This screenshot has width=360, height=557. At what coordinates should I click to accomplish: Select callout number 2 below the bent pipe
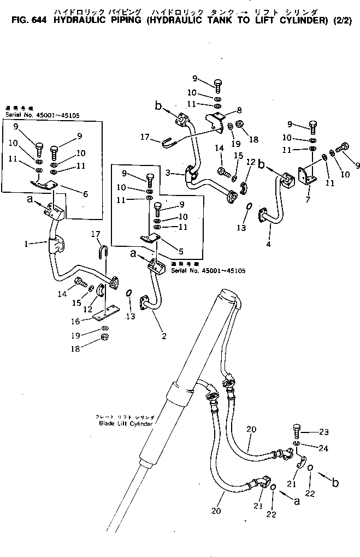tap(163, 335)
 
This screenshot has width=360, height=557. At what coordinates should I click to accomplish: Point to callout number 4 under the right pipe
tap(268, 244)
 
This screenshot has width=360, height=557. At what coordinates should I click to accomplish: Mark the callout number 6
tap(85, 193)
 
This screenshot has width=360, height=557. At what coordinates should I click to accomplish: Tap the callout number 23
tap(324, 432)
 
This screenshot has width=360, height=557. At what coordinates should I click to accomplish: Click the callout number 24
tap(324, 449)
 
